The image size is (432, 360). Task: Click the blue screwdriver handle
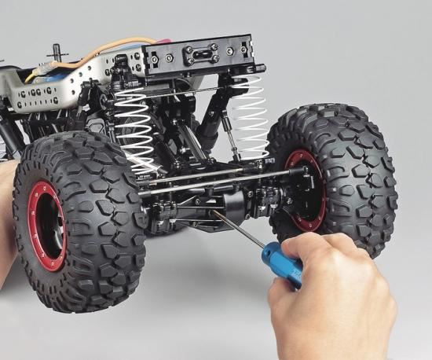pos(284,263)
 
